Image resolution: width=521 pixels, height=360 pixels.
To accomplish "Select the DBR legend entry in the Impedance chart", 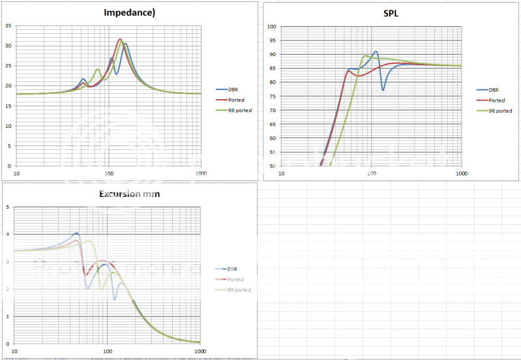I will point(233,89).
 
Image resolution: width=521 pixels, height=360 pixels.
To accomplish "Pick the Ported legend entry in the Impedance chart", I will point(235,100).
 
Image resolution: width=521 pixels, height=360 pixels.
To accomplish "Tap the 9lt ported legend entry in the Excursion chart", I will point(239,290).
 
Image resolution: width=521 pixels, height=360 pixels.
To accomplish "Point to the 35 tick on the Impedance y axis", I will point(8,26).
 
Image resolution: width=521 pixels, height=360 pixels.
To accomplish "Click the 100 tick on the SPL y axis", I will point(271,27).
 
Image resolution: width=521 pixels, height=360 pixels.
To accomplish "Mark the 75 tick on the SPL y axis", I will point(273,97).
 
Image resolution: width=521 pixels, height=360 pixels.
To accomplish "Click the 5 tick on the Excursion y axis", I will point(8,207).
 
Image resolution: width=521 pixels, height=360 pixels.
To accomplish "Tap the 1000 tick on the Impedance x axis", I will point(200,173).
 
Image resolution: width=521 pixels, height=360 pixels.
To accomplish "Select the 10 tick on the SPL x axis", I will point(281,173).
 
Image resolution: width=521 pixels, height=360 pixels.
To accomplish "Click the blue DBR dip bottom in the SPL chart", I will point(383,89).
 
